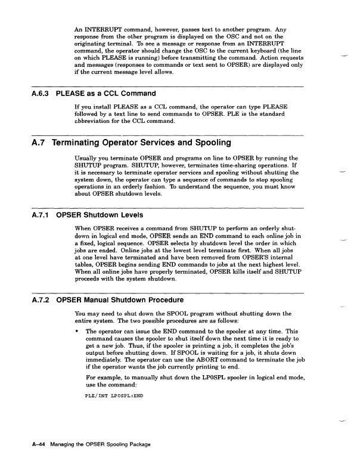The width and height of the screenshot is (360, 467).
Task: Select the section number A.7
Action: pos(38,143)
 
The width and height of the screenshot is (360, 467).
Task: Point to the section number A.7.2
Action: pos(38,299)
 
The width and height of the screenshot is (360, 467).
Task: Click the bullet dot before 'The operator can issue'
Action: pos(77,330)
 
